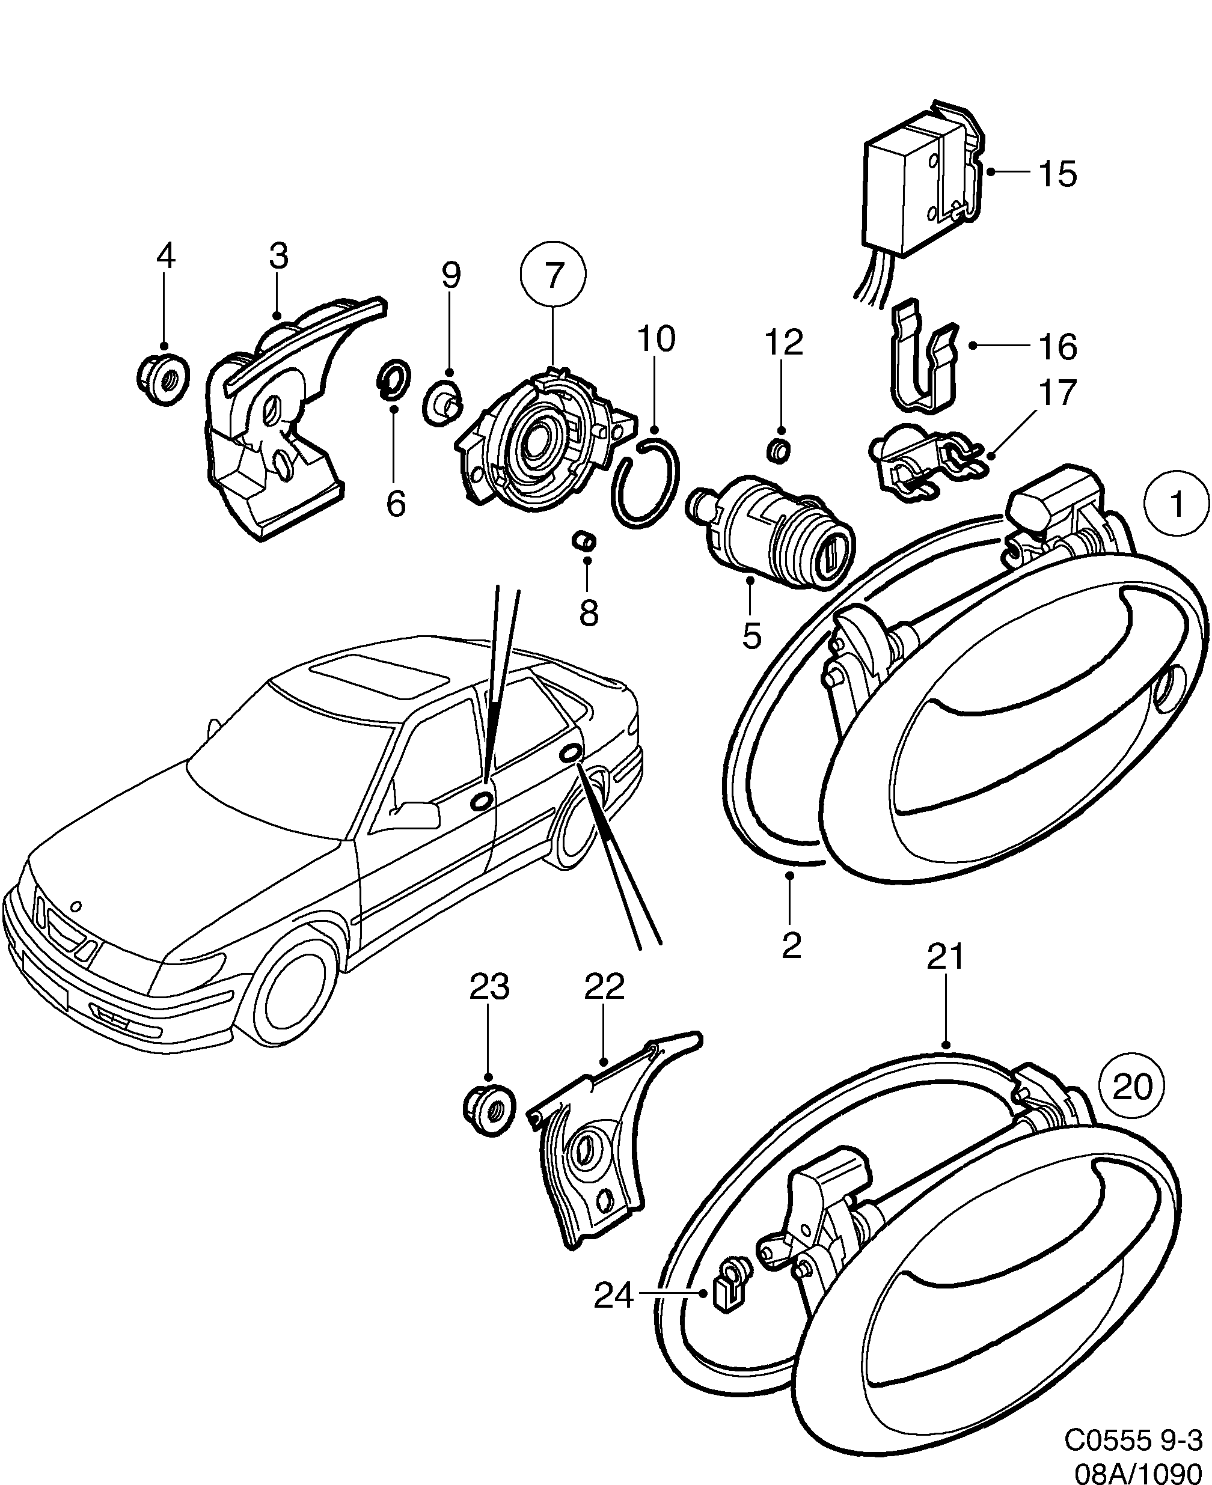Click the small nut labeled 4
(163, 378)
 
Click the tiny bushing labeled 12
(780, 451)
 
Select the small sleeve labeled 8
(584, 540)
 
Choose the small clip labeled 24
(728, 1294)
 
